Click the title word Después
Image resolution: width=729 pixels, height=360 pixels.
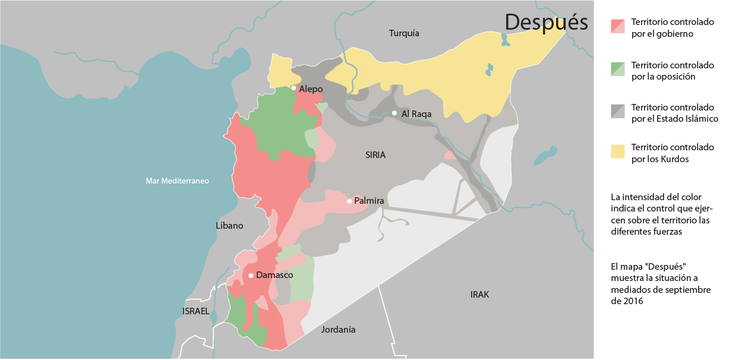(x=546, y=22)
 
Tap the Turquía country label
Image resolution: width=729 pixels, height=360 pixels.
(x=404, y=33)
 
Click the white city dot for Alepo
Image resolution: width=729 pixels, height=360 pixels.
(x=294, y=88)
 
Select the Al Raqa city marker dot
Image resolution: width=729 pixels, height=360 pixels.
(x=395, y=113)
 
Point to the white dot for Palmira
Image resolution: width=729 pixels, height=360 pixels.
(x=349, y=201)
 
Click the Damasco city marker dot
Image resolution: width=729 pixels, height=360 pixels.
(x=251, y=275)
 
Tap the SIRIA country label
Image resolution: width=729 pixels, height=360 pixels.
(x=375, y=155)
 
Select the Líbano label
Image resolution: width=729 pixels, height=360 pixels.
(x=229, y=226)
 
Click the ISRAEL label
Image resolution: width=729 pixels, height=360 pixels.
(x=196, y=311)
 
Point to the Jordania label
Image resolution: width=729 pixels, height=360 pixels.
(x=338, y=329)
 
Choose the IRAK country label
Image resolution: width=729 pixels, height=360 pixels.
(x=479, y=295)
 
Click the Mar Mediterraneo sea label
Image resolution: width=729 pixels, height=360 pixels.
(x=177, y=181)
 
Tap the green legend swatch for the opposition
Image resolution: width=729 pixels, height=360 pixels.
(x=618, y=70)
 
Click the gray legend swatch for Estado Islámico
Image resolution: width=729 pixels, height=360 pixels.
(x=618, y=111)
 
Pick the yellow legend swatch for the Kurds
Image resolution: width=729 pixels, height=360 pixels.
(x=618, y=153)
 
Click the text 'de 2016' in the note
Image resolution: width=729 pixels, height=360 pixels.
(x=627, y=301)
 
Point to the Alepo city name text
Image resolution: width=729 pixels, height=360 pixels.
(x=311, y=89)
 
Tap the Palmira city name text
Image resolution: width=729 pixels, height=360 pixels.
(x=369, y=201)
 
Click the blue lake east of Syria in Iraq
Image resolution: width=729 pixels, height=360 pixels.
(x=545, y=156)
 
